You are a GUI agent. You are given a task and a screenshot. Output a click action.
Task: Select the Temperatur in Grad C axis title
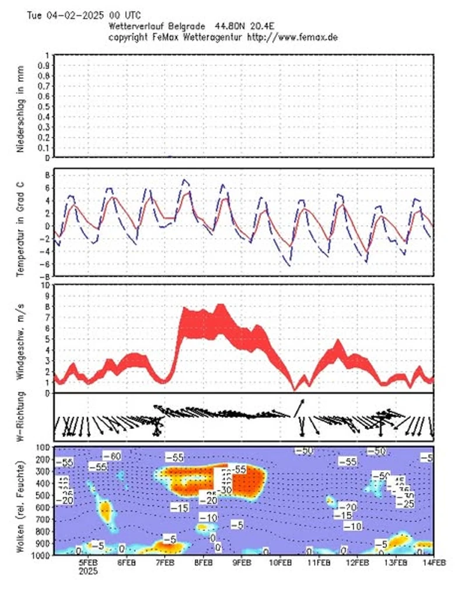coord(20,224)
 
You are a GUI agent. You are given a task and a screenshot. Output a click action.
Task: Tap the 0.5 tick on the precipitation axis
coord(43,106)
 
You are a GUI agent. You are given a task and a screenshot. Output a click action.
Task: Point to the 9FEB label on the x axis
coord(242,562)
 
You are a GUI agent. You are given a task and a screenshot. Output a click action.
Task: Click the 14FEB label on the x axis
coord(434,562)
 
